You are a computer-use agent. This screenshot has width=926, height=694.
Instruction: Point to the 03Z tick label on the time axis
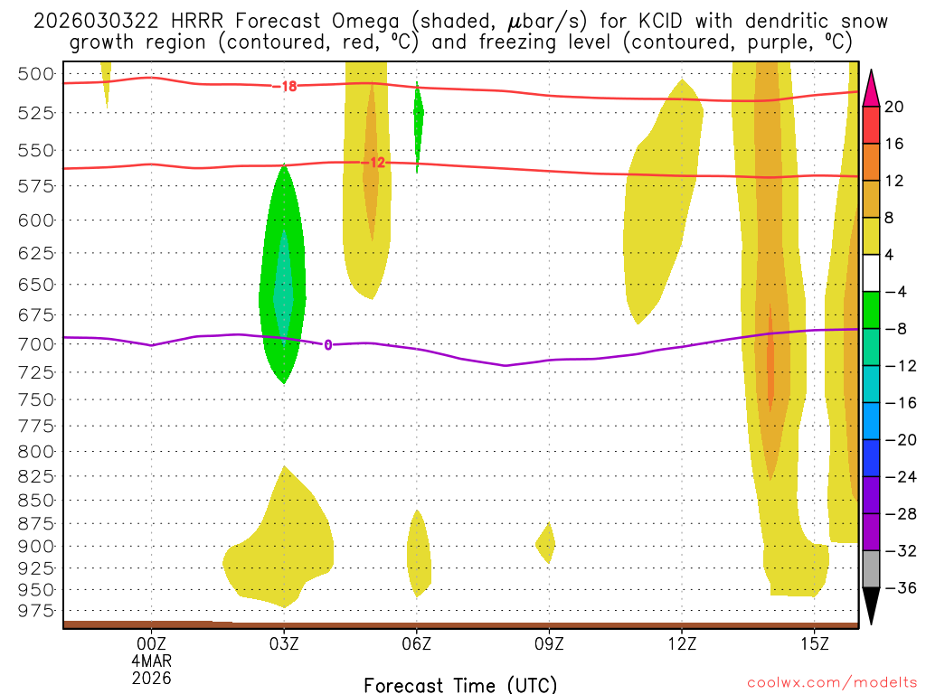click(x=284, y=643)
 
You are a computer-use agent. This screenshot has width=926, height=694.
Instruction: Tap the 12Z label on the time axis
click(x=682, y=643)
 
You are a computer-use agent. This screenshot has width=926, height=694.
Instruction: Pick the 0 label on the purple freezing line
click(x=327, y=344)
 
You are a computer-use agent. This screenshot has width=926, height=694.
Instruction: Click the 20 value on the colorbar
click(x=894, y=107)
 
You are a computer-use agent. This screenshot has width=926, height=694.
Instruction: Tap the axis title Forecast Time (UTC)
click(x=460, y=684)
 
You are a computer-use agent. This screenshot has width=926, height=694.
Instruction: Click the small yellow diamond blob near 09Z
click(x=545, y=543)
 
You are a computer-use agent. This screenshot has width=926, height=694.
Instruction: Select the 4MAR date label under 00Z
click(x=151, y=661)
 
